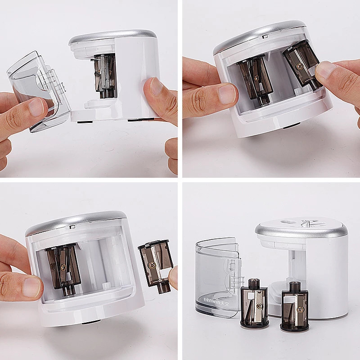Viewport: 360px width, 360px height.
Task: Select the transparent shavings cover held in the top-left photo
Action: point(38,91)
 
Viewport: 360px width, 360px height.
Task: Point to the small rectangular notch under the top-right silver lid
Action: point(265,36)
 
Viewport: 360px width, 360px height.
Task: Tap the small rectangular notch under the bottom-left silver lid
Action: point(72,227)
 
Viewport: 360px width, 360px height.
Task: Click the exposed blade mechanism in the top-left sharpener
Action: point(105,76)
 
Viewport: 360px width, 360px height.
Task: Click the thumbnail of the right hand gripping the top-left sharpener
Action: point(156,86)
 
